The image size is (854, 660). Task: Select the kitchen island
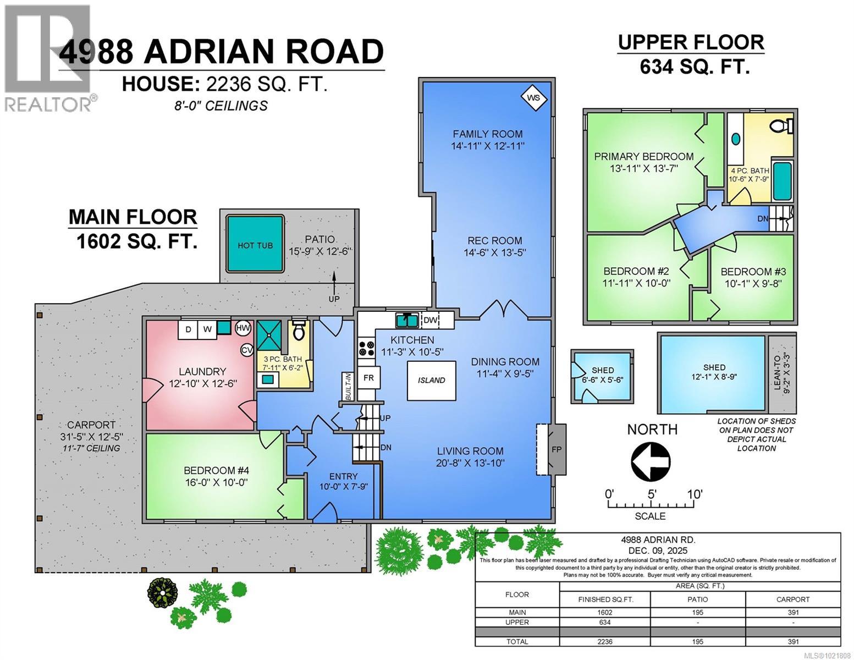tap(431, 381)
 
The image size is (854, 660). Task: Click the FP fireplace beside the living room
tap(557, 449)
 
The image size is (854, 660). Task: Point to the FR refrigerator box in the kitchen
tap(368, 378)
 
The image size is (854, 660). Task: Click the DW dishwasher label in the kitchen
tap(430, 320)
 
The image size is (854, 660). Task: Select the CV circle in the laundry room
tap(247, 350)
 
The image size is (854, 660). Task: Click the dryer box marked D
tap(188, 329)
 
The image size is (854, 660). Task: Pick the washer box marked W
tap(207, 329)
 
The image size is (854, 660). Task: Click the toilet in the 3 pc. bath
tap(299, 331)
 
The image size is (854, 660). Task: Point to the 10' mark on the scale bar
tap(694, 494)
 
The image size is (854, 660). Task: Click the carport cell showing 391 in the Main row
tap(792, 612)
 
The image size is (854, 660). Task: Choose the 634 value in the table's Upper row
tap(604, 622)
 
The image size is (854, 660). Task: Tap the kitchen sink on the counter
tap(406, 319)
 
